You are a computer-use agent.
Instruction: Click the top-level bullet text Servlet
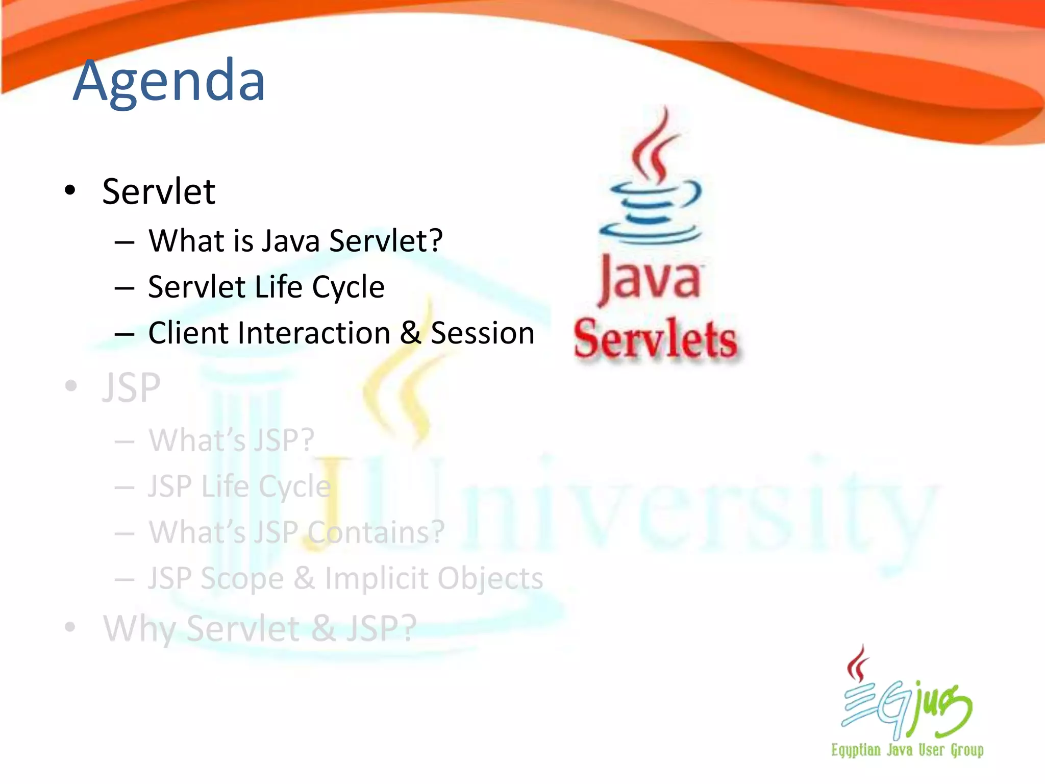159,192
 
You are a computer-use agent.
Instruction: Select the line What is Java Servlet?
295,240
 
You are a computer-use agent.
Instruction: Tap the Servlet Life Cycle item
266,287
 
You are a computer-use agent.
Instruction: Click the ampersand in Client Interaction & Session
411,333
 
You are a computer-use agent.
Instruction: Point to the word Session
482,333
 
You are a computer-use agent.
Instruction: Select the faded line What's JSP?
231,440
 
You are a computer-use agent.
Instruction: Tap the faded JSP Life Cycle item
239,486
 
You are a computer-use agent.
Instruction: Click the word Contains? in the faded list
376,532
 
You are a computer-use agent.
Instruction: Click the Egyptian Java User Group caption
907,750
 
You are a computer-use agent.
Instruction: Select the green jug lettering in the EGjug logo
941,707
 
